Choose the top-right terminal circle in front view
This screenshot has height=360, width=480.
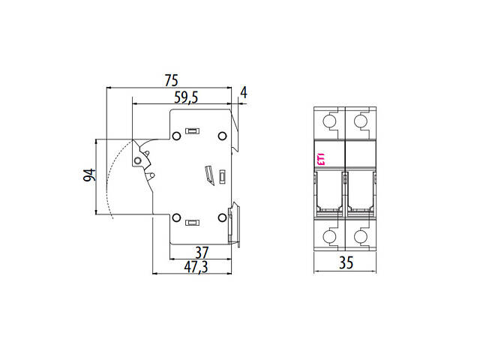coord(361,121)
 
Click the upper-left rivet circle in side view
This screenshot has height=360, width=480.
coord(175,136)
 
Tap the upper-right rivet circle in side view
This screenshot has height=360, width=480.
coord(222,136)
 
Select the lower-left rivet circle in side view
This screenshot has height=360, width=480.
coord(175,218)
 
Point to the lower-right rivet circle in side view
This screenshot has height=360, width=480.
coord(222,218)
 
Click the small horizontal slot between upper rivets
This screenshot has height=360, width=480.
coord(192,131)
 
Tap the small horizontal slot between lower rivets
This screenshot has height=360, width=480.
coord(192,223)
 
